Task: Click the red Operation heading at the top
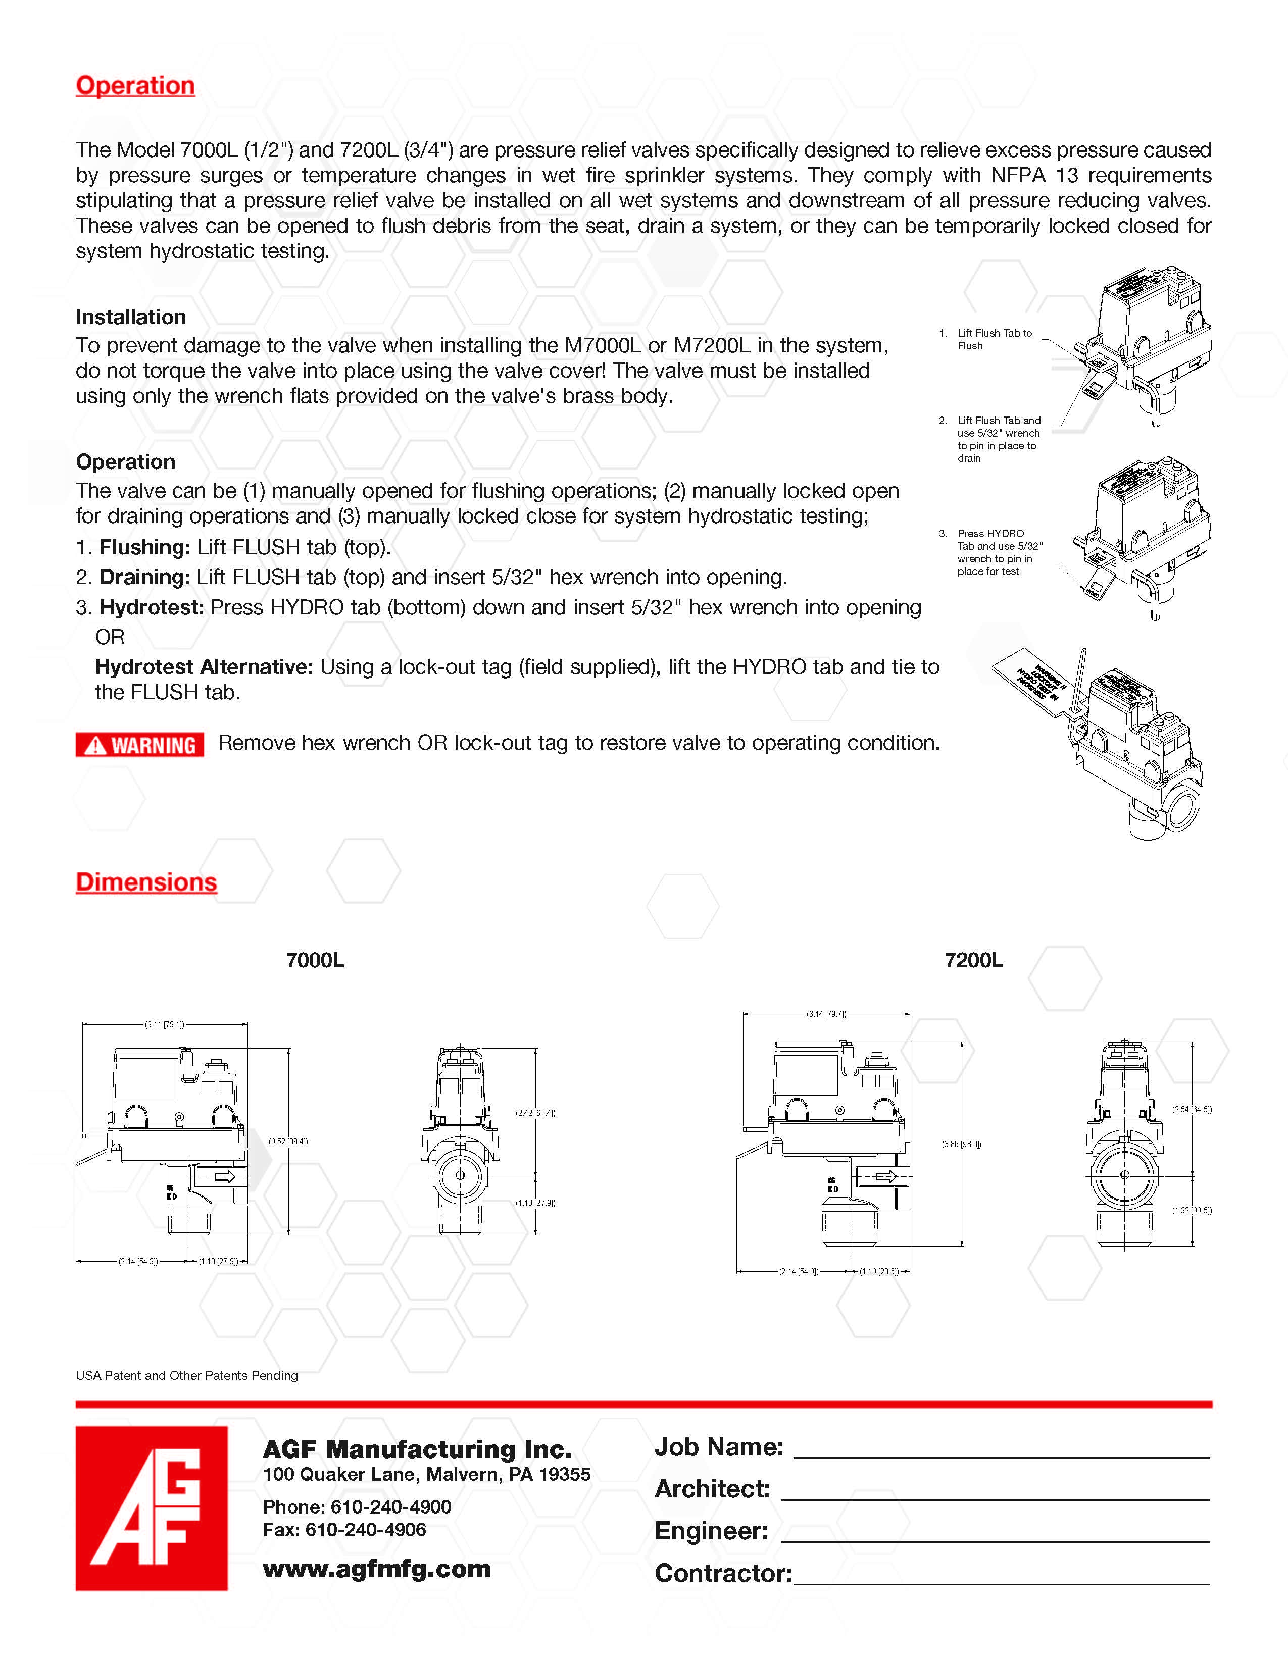click(135, 85)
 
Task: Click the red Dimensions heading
click(146, 882)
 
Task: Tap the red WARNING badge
click(139, 745)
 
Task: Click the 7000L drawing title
click(314, 960)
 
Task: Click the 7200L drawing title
click(974, 960)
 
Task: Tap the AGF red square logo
click(151, 1508)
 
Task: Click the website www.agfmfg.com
click(377, 1569)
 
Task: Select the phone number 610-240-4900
click(390, 1506)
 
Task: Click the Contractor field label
click(723, 1573)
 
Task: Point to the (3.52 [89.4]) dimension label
click(288, 1142)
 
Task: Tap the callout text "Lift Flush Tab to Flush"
click(994, 339)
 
